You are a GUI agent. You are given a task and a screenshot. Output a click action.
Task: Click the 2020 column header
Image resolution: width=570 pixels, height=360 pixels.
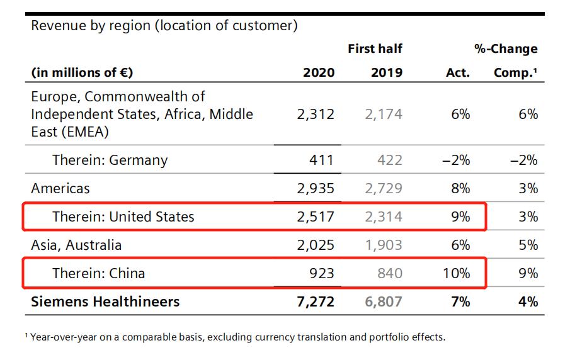(319, 72)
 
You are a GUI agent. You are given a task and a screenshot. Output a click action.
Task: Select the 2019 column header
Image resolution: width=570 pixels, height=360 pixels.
(386, 72)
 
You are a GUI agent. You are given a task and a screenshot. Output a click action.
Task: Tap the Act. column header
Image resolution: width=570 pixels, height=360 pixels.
(457, 72)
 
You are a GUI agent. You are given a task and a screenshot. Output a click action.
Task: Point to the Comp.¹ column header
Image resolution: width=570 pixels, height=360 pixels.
(515, 72)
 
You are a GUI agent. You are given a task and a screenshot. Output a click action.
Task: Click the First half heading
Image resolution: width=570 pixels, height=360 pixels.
(375, 48)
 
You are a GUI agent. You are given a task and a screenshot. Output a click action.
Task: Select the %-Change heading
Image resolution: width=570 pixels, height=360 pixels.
(506, 48)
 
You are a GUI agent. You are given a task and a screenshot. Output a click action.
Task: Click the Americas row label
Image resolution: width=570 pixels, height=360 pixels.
(60, 188)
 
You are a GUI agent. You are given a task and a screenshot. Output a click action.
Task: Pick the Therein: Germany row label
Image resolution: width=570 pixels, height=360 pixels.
(110, 160)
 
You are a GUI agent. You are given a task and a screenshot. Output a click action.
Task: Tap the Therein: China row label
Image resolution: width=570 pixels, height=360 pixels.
(98, 273)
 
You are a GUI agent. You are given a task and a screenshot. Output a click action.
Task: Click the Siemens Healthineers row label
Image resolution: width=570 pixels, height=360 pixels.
(105, 301)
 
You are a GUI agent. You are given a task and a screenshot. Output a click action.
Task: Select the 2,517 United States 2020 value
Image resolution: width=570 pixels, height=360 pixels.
(316, 217)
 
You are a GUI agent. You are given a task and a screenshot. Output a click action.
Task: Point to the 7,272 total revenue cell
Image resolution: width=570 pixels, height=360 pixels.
(316, 301)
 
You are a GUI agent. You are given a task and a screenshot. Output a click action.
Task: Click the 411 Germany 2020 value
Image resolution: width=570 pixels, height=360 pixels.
(321, 160)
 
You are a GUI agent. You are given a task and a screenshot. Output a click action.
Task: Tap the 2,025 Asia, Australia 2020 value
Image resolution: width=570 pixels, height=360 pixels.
(316, 245)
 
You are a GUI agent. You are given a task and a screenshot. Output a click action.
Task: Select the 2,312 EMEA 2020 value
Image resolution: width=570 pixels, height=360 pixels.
(316, 115)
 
